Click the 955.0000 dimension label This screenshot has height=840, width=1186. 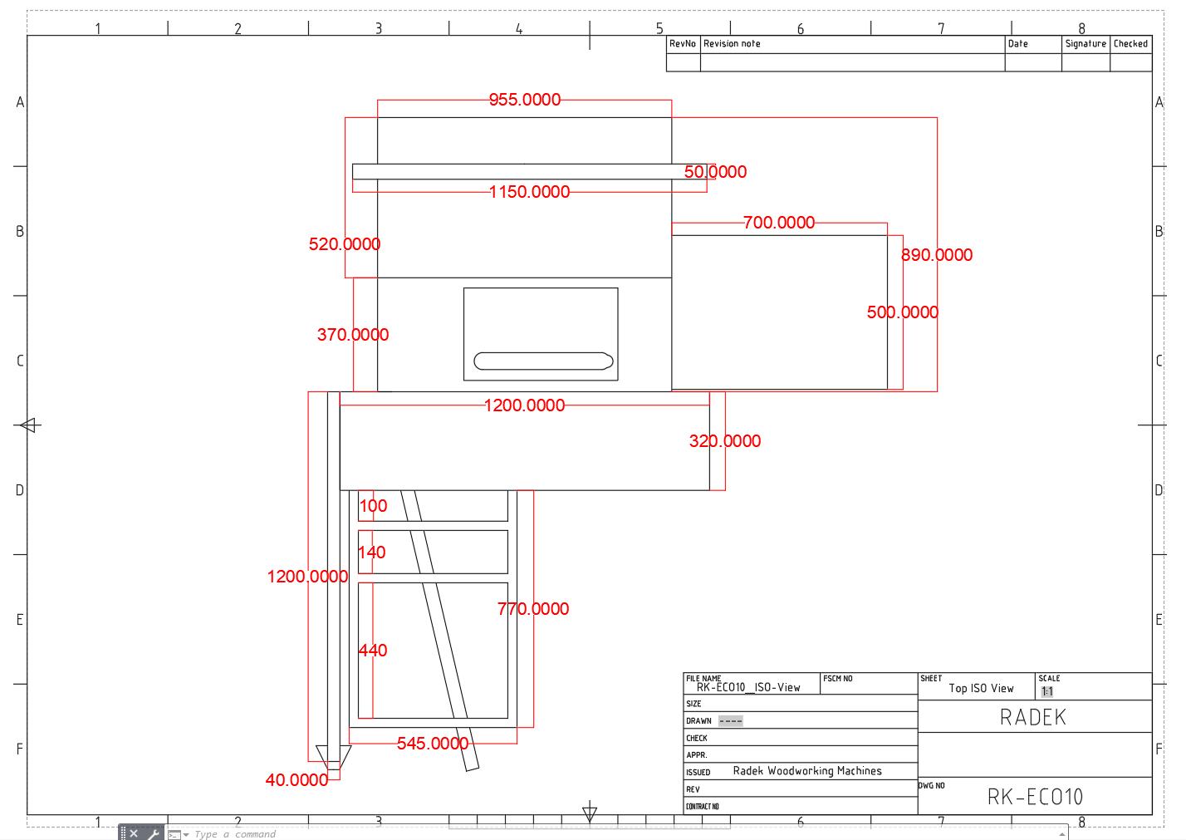524,100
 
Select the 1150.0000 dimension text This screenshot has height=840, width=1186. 529,192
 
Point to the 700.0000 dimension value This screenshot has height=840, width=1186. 778,223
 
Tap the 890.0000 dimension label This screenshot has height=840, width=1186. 936,255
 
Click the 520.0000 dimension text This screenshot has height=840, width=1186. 344,244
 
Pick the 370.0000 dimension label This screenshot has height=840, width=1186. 352,335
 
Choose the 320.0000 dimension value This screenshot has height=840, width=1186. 724,441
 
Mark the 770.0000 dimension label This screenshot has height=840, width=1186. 533,609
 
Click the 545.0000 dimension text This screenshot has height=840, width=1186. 432,744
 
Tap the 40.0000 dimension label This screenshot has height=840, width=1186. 296,780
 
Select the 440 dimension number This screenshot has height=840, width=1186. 373,651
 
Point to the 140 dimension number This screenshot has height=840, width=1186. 372,553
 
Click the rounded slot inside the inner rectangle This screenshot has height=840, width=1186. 543,361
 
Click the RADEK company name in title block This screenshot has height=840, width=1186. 1032,717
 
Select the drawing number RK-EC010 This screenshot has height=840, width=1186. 1035,797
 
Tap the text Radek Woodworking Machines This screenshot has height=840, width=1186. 806,771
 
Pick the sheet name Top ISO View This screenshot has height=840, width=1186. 981,688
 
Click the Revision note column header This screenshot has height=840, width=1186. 732,44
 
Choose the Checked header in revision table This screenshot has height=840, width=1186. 1130,44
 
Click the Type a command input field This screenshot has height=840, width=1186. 235,834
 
